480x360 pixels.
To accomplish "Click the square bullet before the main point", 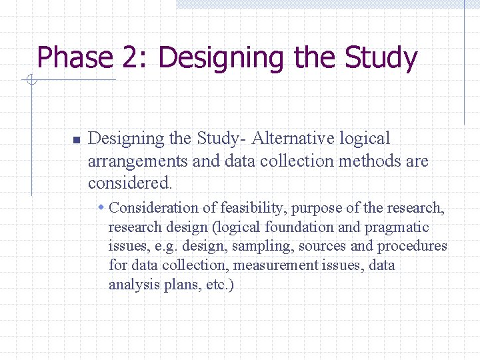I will coord(76,140).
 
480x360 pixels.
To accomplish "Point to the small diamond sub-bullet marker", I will coord(101,208).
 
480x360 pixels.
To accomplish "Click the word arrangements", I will coord(137,161).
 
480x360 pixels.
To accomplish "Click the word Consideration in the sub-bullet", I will coord(154,208).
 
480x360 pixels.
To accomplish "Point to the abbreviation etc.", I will coord(217,285).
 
